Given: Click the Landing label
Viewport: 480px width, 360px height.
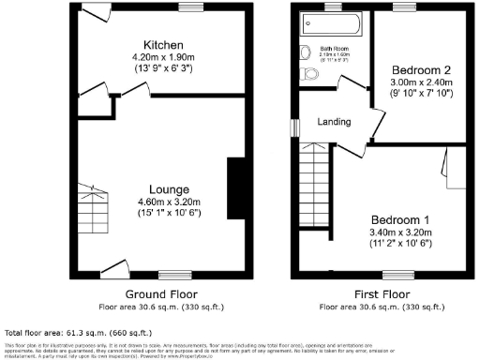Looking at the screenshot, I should [335, 121].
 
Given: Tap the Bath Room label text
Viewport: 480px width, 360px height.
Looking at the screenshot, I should [334, 48].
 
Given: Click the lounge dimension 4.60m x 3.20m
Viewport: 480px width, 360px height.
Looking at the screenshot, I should [164, 202].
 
